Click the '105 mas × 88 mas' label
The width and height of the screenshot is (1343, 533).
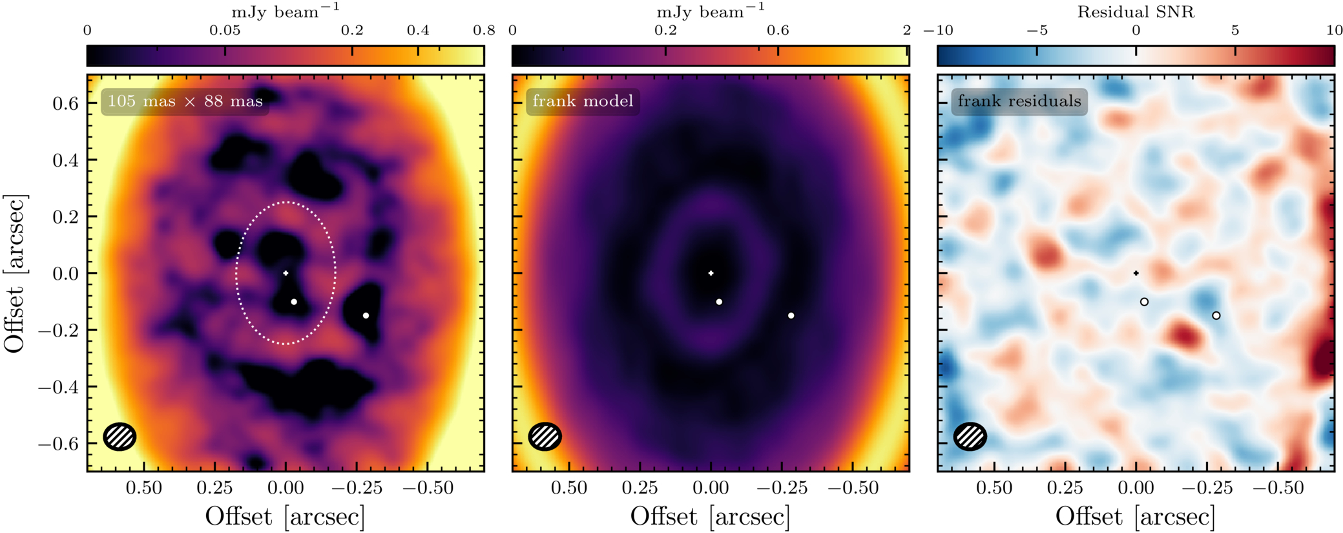(x=185, y=101)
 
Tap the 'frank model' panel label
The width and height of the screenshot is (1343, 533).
(x=583, y=101)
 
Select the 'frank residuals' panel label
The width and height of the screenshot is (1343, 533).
(x=1019, y=101)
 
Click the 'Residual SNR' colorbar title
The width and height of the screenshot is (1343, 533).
(x=1136, y=12)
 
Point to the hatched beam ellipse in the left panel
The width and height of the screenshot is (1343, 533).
(x=120, y=437)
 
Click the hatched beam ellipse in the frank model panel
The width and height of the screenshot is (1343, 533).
(x=545, y=437)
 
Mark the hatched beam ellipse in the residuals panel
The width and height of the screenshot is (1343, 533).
(x=970, y=437)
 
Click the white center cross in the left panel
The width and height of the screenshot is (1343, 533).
(x=286, y=273)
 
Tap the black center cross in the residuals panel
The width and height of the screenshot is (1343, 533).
(x=1136, y=273)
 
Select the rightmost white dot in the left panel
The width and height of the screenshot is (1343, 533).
(x=366, y=316)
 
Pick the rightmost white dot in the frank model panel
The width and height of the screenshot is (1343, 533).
(x=791, y=316)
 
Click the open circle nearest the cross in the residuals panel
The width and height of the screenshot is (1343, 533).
(x=1144, y=302)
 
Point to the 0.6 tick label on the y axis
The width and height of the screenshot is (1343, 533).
(x=65, y=103)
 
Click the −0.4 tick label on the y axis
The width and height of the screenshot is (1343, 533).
(x=58, y=387)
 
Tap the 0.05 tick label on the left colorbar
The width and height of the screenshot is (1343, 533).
(x=225, y=30)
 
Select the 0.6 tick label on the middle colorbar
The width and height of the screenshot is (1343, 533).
(x=778, y=30)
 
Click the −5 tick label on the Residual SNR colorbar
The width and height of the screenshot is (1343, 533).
(x=1037, y=30)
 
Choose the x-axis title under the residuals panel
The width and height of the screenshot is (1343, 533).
(x=1136, y=516)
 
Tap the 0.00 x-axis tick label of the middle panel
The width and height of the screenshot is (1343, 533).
(x=711, y=488)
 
